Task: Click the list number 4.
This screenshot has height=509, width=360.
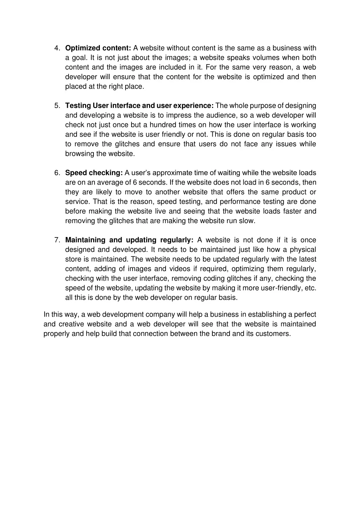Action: [x=57, y=48]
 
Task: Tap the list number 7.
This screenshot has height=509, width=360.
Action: [x=57, y=240]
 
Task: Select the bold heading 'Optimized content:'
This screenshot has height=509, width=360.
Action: [x=98, y=48]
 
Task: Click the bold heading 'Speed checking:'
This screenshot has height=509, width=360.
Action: [x=94, y=173]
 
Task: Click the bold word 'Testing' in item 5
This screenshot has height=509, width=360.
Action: [x=78, y=106]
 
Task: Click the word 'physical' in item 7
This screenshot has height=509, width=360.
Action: [x=303, y=250]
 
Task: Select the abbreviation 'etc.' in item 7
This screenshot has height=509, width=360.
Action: [x=310, y=288]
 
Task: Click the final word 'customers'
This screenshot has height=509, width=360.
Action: [x=276, y=334]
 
